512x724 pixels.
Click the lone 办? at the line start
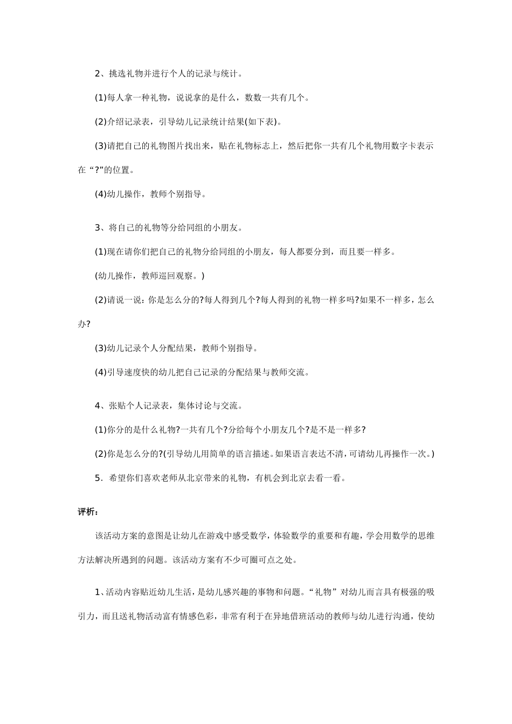84,324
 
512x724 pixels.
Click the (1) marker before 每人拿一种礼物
101,98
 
